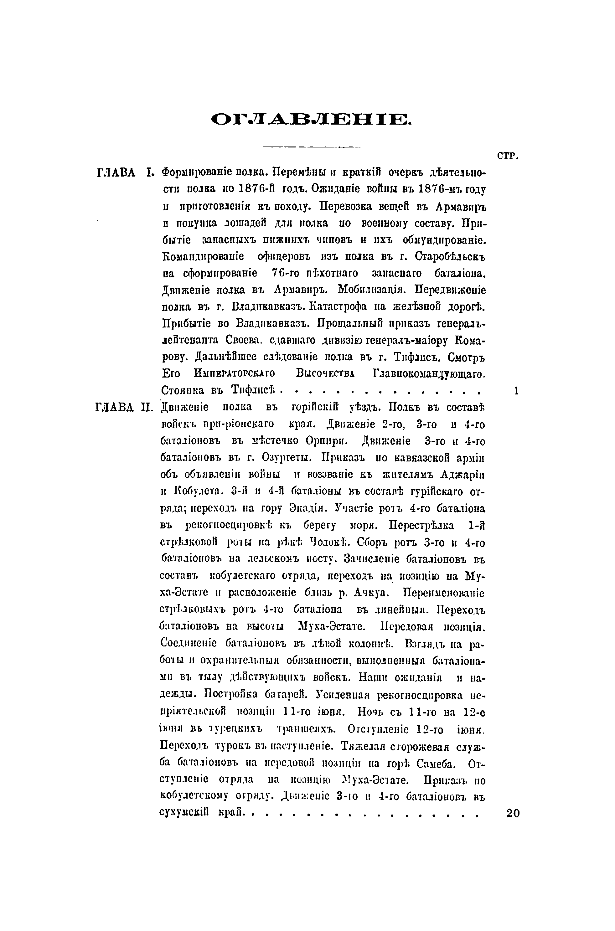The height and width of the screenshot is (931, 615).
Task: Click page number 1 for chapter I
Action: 516,390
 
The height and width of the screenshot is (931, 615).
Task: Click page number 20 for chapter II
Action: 513,813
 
